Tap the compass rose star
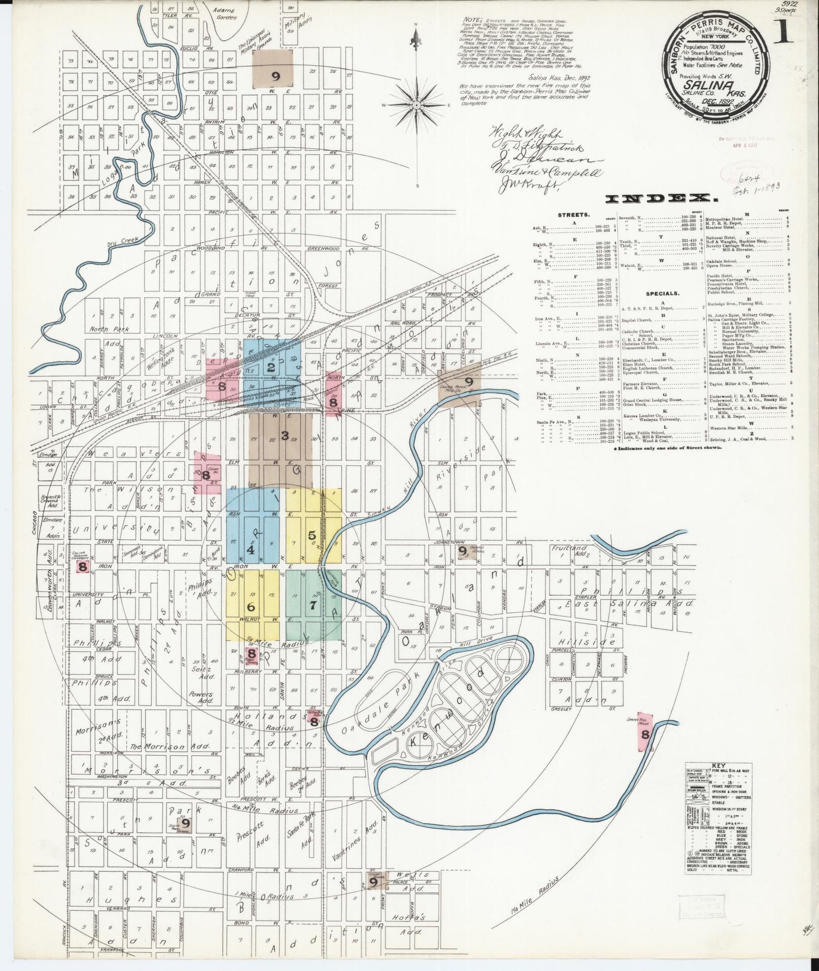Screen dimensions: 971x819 [x=417, y=105]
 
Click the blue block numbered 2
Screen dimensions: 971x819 [x=271, y=367]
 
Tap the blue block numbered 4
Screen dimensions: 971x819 [x=250, y=549]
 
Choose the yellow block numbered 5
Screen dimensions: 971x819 [x=312, y=535]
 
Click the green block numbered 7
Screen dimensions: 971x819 [x=312, y=605]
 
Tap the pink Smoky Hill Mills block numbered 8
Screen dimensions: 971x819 [x=645, y=734]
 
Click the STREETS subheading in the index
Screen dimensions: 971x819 [x=575, y=215]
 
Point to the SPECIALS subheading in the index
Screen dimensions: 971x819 [x=661, y=295]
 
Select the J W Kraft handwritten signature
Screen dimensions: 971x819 [x=526, y=183]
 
